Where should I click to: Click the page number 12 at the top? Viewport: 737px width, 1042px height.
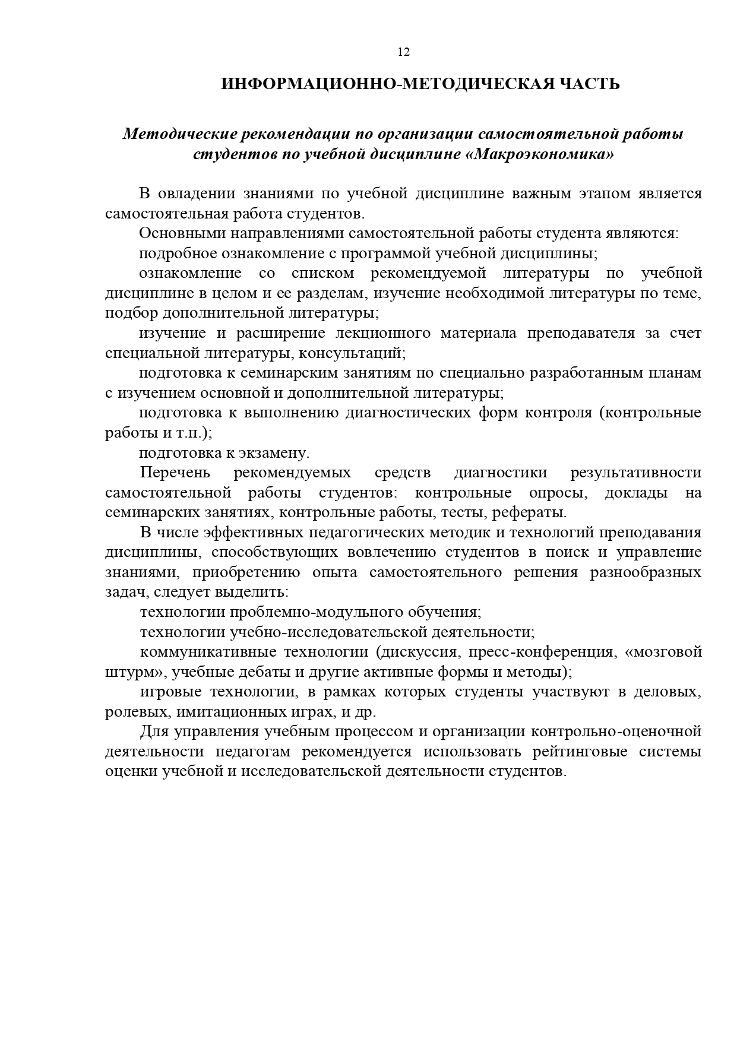click(403, 52)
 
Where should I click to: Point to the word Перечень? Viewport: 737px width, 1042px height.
click(175, 473)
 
